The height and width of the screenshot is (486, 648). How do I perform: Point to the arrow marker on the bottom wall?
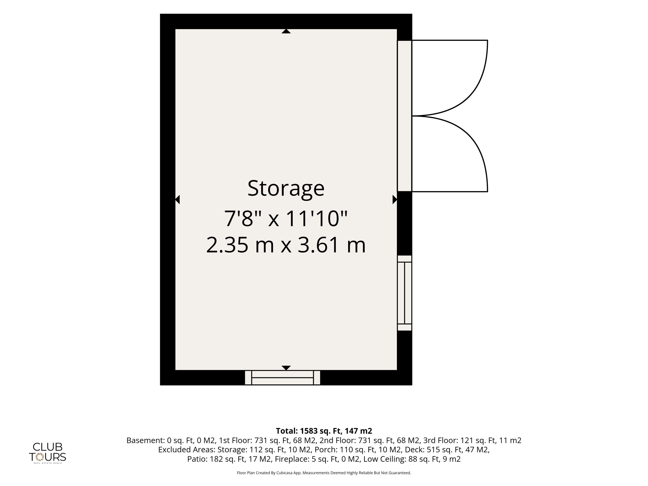point(286,368)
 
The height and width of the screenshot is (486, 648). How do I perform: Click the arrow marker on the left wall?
point(177,199)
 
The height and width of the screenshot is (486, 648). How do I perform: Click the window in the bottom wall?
point(282,378)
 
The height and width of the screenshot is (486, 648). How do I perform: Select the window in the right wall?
point(404,293)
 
